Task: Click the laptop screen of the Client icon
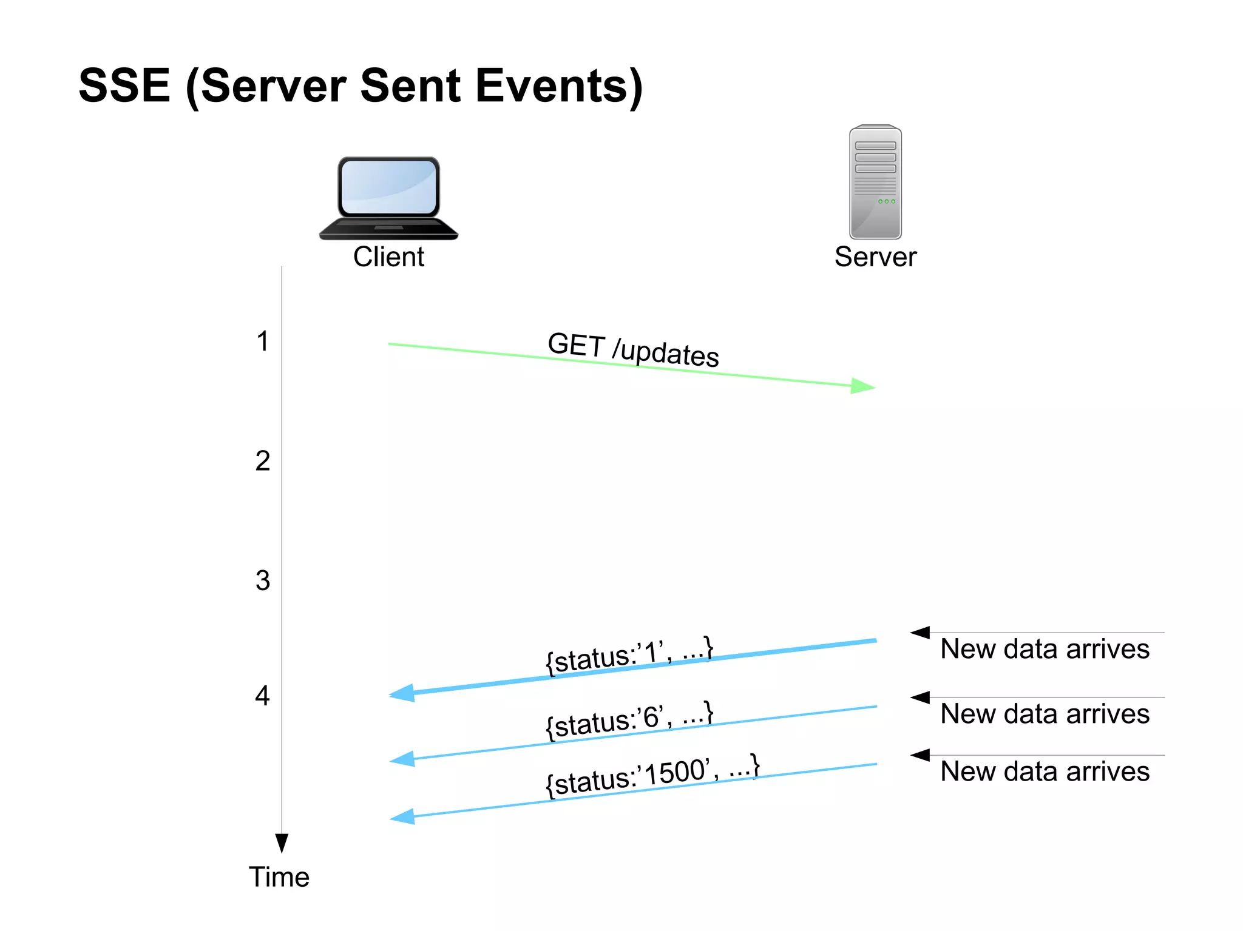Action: (388, 187)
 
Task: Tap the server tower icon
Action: (875, 182)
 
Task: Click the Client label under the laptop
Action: (388, 257)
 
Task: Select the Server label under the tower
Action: (875, 257)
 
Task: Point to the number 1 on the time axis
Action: (262, 341)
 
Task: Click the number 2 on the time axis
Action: (262, 462)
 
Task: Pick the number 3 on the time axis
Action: (262, 581)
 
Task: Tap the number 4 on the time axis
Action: (262, 696)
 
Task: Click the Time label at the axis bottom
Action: (279, 877)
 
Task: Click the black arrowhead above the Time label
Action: (282, 842)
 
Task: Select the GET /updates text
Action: (633, 350)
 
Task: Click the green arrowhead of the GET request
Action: (862, 386)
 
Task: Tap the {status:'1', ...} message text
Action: (629, 656)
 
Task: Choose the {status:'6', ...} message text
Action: (629, 720)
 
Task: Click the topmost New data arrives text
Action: (1045, 649)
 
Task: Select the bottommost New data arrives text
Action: (1045, 771)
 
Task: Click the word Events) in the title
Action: (558, 86)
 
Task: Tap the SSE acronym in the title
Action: (124, 86)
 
